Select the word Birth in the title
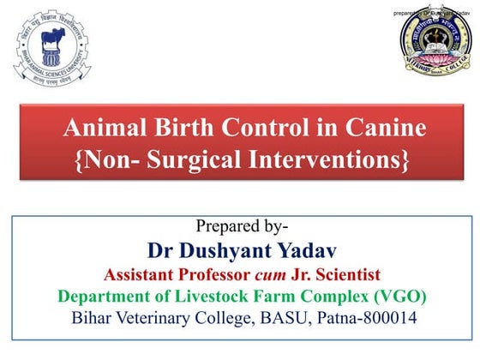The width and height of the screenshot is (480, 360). pyautogui.click(x=186, y=130)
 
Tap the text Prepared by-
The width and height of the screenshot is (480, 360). pyautogui.click(x=239, y=227)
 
